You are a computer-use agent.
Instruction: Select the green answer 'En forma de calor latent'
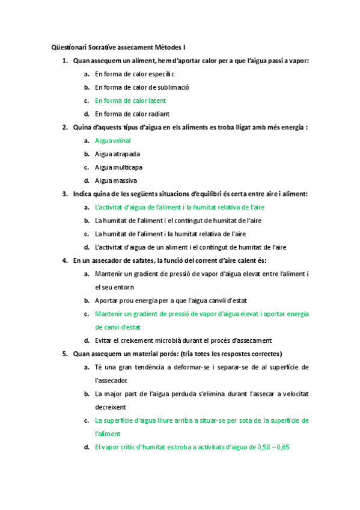click(x=130, y=100)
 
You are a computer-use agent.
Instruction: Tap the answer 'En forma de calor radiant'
click(x=132, y=114)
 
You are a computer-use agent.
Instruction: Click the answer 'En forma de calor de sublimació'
click(x=142, y=87)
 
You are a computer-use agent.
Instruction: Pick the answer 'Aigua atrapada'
click(x=118, y=154)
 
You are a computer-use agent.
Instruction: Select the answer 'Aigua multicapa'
click(x=119, y=167)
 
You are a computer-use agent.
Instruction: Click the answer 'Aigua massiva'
click(x=116, y=180)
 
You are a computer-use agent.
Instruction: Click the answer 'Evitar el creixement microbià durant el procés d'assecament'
click(x=183, y=340)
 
